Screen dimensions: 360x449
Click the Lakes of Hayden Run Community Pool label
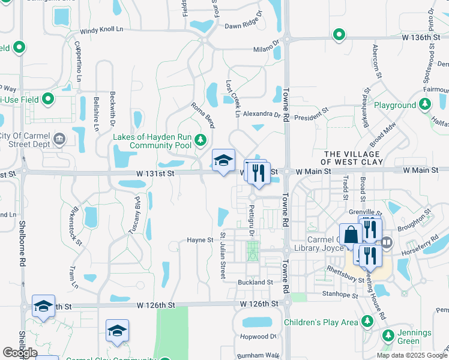[x=152, y=142]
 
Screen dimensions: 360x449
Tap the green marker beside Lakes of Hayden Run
[x=200, y=142]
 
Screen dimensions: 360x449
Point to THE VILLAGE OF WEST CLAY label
[x=360, y=158]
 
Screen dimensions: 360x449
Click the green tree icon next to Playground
[x=425, y=105]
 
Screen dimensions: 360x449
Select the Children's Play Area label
[x=321, y=323]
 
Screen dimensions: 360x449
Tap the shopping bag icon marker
[x=350, y=235]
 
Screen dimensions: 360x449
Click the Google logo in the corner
[x=20, y=353]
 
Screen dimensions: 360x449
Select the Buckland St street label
[x=255, y=282]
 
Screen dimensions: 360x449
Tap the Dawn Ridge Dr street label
[x=244, y=26]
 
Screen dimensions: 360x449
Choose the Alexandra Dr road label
[x=262, y=114]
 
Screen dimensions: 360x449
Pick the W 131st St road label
[x=155, y=173]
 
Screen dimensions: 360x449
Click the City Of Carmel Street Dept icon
[x=59, y=140]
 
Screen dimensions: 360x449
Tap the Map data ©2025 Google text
[x=411, y=355]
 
